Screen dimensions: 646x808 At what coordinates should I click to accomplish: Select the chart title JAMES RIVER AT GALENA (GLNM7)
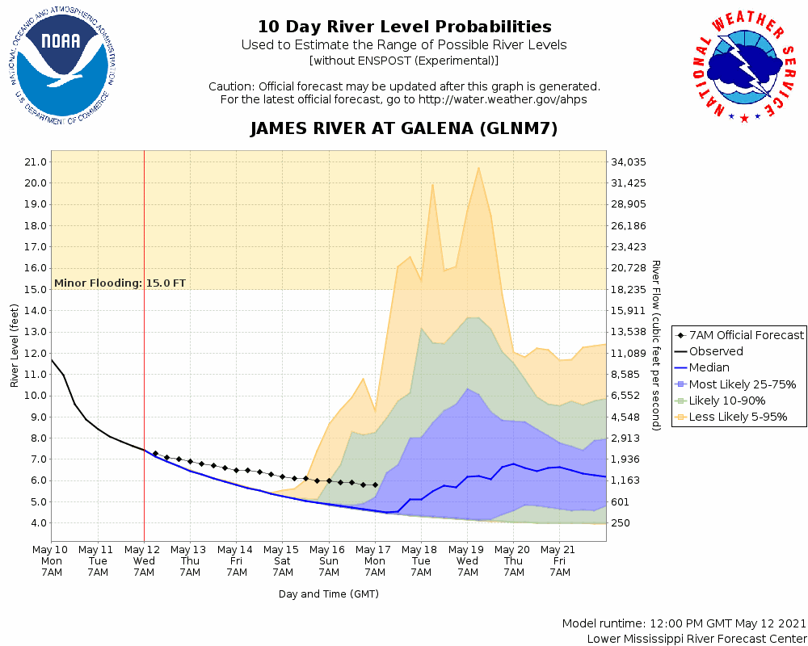pyautogui.click(x=404, y=129)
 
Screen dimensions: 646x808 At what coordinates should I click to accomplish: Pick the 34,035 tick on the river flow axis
pyautogui.click(x=630, y=161)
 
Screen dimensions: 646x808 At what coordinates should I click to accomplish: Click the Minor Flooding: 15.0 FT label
pyautogui.click(x=120, y=283)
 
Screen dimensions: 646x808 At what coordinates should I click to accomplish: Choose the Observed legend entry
pyautogui.click(x=716, y=351)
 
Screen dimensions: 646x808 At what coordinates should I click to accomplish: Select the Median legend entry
pyautogui.click(x=711, y=367)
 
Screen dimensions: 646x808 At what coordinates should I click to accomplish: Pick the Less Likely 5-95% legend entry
pyautogui.click(x=738, y=417)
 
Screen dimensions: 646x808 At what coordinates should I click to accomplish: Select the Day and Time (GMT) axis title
pyautogui.click(x=328, y=594)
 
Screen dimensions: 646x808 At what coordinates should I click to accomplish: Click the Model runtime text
pyautogui.click(x=684, y=623)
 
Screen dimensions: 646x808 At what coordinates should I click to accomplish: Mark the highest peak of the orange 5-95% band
pyautogui.click(x=479, y=168)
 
